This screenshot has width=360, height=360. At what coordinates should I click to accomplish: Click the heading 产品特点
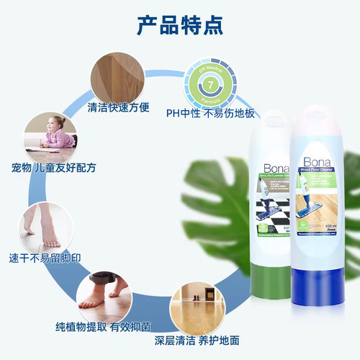pyautogui.click(x=180, y=24)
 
